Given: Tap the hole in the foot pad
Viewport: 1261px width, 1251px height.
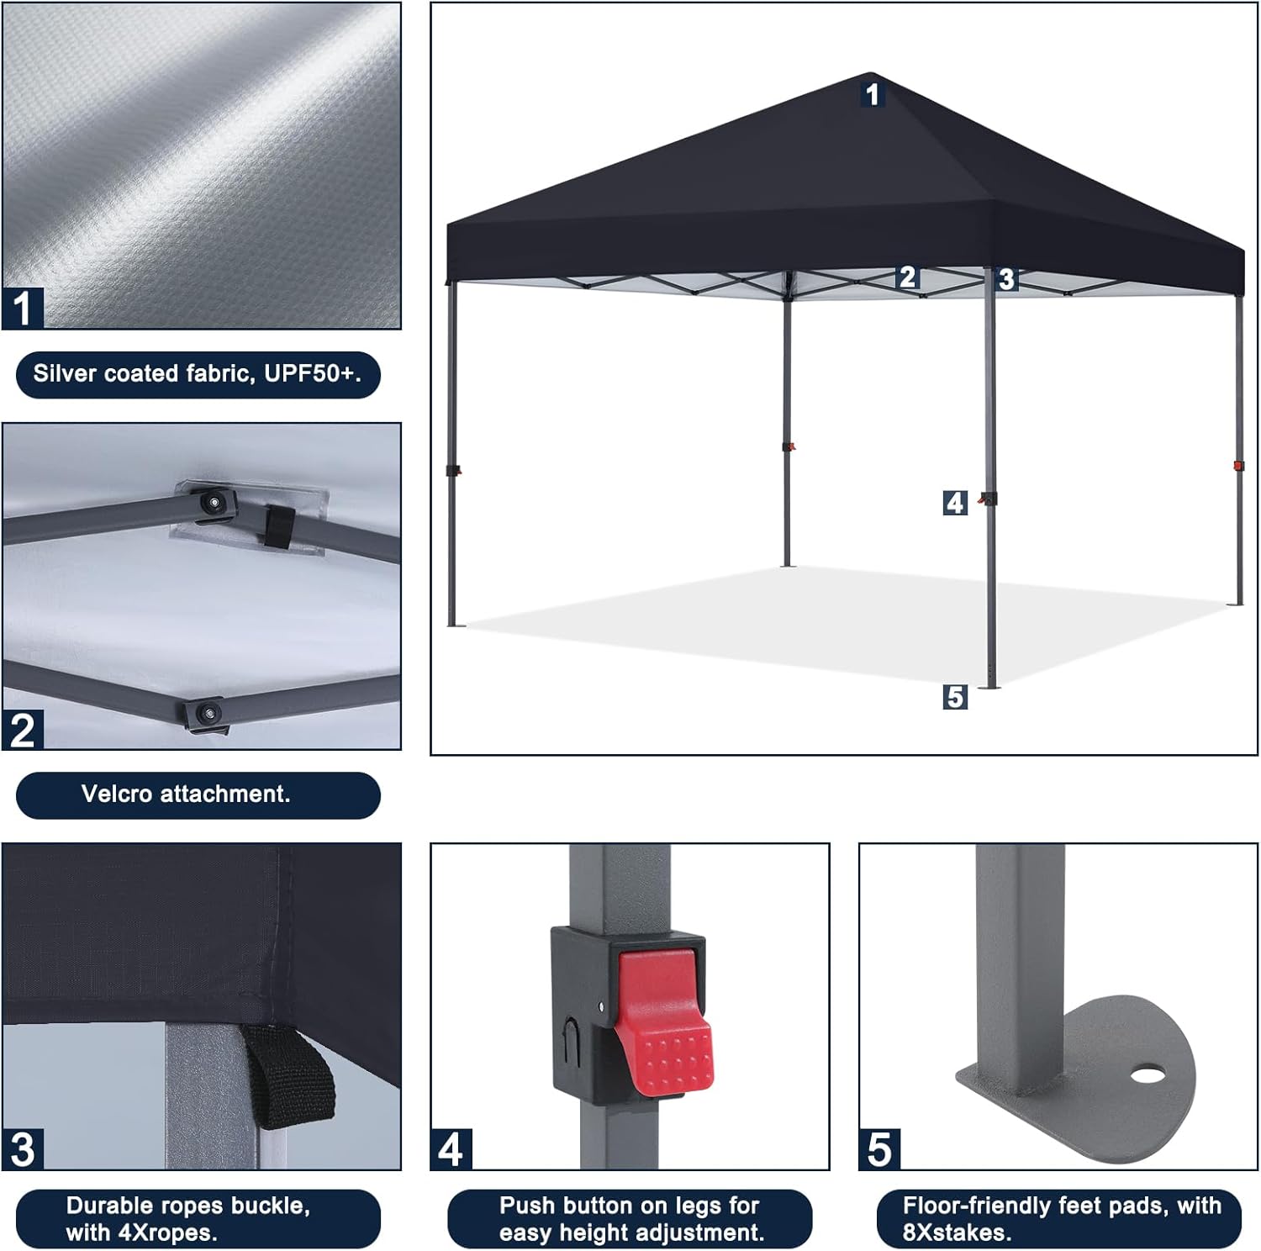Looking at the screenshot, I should tap(1147, 1074).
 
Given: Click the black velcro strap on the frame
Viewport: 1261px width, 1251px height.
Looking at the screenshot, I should tap(277, 527).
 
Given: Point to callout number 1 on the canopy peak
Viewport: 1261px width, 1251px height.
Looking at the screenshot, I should tap(872, 93).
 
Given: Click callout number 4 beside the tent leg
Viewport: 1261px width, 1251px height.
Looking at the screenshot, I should tap(954, 503).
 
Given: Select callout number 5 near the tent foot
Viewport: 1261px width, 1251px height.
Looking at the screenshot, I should tap(954, 697).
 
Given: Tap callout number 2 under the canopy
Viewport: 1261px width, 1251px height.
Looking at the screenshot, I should tap(906, 277).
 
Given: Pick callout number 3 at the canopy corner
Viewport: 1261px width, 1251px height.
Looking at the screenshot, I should tap(1006, 279).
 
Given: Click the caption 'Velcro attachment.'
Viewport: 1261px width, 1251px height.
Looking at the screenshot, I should tap(186, 794).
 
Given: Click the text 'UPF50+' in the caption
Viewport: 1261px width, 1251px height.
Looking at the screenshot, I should tap(312, 374).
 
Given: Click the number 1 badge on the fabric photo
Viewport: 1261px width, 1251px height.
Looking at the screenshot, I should tap(23, 308).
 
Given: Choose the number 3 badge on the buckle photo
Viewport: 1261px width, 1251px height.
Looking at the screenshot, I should tap(23, 1148).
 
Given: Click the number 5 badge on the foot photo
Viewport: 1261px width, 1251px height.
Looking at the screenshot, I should tap(879, 1148).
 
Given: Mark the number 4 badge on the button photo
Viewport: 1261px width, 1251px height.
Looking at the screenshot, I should tap(451, 1148).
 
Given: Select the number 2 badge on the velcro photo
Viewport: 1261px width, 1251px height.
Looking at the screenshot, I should tap(23, 729).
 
